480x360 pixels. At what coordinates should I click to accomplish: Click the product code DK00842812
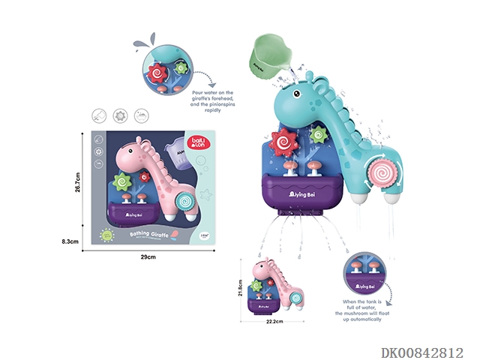pyautogui.click(x=423, y=352)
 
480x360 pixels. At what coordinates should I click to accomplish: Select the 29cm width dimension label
pyautogui.click(x=147, y=257)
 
